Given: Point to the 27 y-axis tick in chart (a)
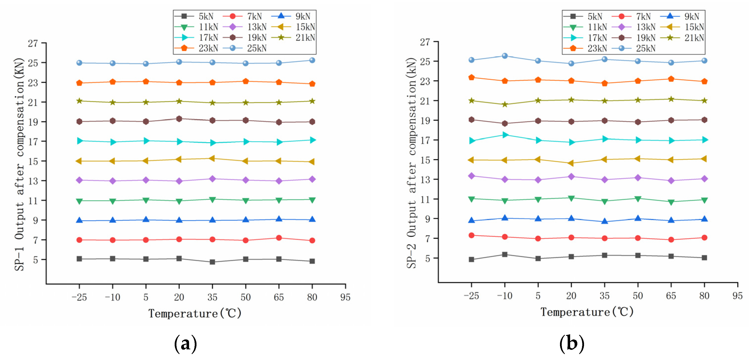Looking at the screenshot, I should coord(33,43).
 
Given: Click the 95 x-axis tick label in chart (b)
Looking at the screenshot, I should coord(737,296).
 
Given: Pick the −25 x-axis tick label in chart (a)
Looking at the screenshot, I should coord(79,297).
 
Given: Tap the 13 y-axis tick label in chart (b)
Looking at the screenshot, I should coord(425,179).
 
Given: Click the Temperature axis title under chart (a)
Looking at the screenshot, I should coord(195,313).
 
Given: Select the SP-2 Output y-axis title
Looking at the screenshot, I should coord(411,163).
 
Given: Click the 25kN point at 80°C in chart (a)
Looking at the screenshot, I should coord(312,60).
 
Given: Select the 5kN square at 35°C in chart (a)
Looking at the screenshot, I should coord(213,262).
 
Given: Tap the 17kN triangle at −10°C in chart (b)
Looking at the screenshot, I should coord(505,135).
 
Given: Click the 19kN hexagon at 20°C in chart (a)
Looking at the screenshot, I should coord(179,119).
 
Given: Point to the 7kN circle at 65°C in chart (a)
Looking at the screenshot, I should coord(279,238).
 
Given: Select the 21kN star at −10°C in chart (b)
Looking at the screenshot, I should coord(505,105).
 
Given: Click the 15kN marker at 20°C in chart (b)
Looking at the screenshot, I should coord(571,163).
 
